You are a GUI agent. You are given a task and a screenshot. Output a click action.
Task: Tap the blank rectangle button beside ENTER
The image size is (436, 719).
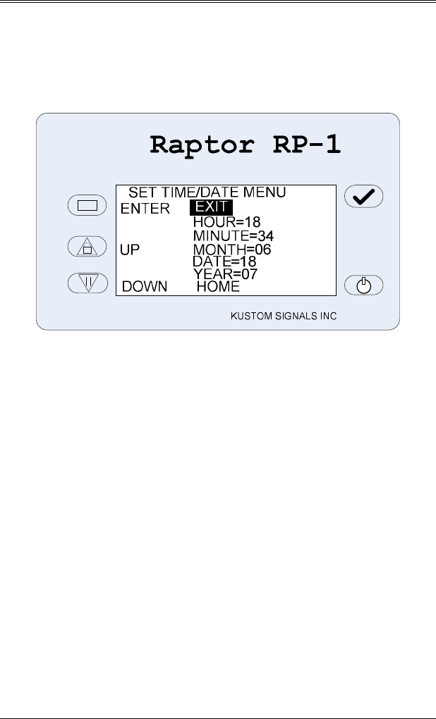point(86,205)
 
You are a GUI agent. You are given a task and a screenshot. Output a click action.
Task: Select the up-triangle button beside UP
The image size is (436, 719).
point(86,247)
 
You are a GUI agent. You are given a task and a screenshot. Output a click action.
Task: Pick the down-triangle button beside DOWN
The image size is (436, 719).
point(86,283)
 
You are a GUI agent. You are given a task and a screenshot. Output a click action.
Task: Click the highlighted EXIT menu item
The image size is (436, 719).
point(210,207)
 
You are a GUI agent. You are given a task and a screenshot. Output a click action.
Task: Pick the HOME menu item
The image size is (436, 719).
point(218,287)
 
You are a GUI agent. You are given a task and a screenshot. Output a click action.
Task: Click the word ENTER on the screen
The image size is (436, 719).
point(145,209)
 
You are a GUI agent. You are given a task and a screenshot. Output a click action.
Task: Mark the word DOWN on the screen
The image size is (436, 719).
point(145,287)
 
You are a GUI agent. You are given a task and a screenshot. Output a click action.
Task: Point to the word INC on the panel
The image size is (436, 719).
point(327,317)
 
